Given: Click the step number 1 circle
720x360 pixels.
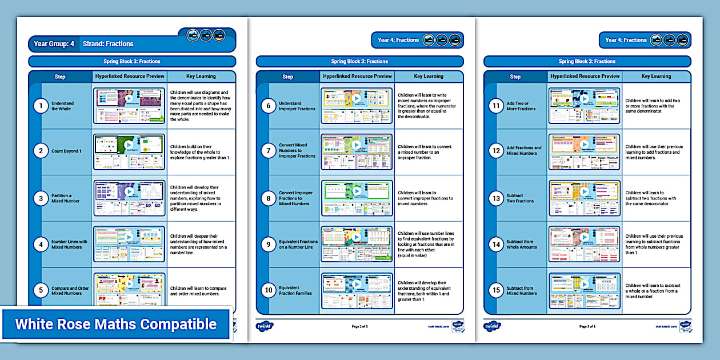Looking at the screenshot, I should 40,106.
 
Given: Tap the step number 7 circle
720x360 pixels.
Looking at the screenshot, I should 268,151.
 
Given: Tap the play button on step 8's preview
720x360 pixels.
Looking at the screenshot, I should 357,191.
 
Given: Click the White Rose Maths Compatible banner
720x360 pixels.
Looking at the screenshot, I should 115,325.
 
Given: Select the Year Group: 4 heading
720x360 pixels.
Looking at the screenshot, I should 54,44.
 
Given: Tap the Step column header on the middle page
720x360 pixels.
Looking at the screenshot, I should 287,77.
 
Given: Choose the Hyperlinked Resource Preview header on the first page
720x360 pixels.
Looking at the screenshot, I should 130,76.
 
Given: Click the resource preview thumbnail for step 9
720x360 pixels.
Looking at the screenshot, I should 357,244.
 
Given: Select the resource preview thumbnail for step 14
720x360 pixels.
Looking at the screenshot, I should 584,244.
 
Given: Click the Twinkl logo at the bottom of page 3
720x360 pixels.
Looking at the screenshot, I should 492,326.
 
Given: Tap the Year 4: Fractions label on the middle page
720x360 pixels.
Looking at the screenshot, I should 398,40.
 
